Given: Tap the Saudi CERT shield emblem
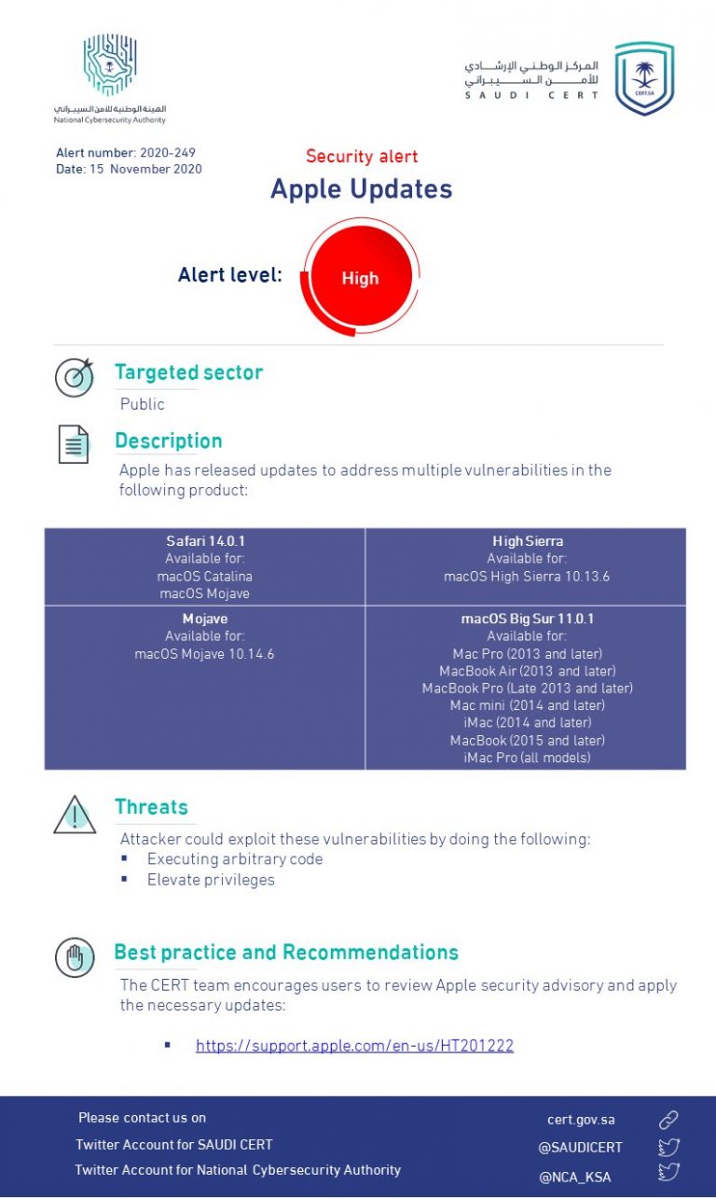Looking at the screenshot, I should click(644, 78).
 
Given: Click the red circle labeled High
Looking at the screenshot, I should click(360, 277).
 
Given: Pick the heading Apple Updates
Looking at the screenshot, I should click(361, 188).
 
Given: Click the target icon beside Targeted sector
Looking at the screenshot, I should click(74, 377).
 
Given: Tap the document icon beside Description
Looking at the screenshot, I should click(74, 444).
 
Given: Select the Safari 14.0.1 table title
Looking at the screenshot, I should click(205, 541).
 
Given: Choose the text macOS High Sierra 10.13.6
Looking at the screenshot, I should click(527, 577).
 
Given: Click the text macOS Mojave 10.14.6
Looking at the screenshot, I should click(204, 654).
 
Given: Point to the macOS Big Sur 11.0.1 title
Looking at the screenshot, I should click(527, 619).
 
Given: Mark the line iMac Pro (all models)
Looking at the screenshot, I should click(527, 758).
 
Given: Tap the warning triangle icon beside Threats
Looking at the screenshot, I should click(75, 815).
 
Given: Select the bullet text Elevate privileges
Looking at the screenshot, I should click(211, 880).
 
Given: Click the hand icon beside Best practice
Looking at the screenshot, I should click(75, 957).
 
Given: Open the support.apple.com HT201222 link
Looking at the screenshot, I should click(354, 1046).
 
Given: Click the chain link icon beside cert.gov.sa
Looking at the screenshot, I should click(668, 1120).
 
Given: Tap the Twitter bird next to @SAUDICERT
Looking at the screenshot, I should click(668, 1148).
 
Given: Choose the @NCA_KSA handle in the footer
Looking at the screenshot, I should click(574, 1177).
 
